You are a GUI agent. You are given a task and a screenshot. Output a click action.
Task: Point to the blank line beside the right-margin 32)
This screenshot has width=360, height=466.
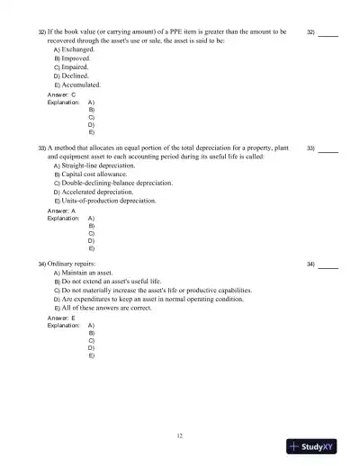(x=328, y=35)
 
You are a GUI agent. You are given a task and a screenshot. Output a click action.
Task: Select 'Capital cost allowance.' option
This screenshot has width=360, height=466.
(x=94, y=175)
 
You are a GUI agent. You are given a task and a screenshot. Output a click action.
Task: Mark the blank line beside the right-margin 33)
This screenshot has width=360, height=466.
(x=328, y=151)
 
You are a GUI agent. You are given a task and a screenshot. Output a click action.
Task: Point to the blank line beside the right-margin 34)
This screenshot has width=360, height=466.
(x=328, y=267)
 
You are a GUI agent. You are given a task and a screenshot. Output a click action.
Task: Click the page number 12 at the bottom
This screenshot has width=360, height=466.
(x=180, y=435)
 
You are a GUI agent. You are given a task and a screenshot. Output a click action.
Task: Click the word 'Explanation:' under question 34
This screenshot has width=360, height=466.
(x=63, y=326)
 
